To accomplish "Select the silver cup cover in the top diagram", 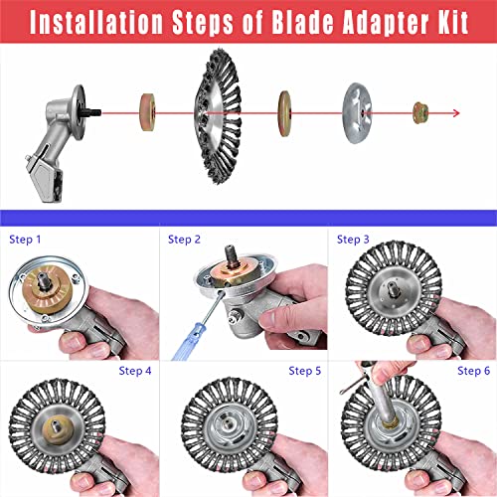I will coord(363,112).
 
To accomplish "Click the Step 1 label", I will coord(25,240).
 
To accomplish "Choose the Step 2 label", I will coord(185,240).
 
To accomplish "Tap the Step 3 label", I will coord(353,240).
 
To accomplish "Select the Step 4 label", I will coord(135,371).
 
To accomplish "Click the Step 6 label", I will coord(473,371).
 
